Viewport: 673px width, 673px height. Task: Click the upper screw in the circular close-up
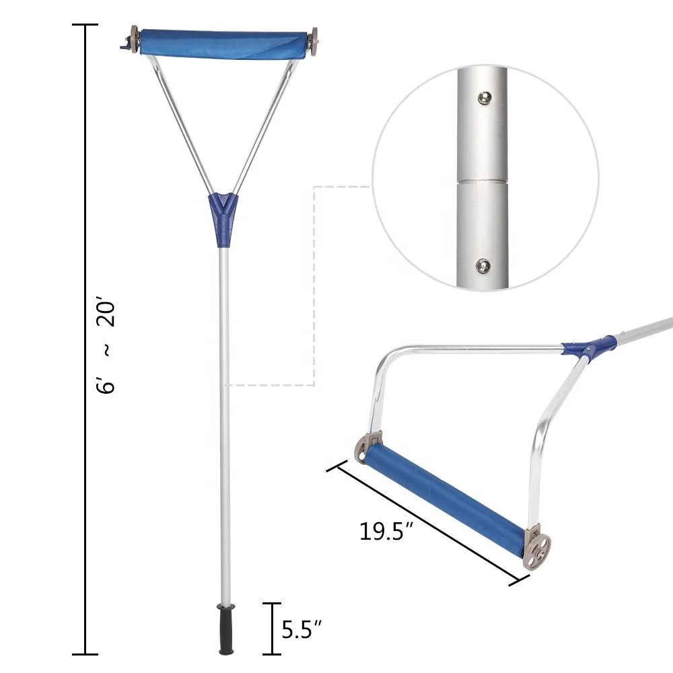482,99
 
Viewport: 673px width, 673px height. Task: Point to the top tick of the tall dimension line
85,25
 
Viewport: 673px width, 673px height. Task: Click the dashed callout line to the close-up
314,283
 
